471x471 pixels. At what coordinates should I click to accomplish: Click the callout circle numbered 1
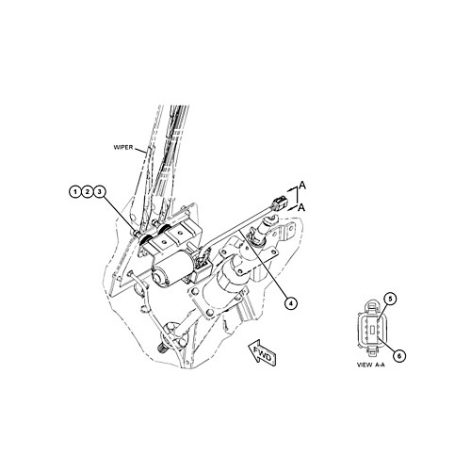[x=75, y=191]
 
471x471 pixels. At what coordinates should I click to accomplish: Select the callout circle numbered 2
[x=88, y=191]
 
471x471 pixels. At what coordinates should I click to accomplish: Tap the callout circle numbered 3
[x=100, y=191]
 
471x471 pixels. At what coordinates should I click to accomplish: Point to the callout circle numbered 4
[x=291, y=303]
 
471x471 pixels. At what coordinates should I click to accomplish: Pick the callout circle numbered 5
[x=390, y=299]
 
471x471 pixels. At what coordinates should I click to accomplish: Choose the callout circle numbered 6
[x=399, y=356]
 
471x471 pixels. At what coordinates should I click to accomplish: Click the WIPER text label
[x=123, y=147]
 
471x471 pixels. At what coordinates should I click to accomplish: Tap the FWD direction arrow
[x=263, y=352]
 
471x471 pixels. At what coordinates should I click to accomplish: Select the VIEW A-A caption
[x=371, y=365]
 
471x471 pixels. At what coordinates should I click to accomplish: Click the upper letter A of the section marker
[x=302, y=186]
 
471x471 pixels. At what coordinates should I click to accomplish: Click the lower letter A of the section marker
[x=301, y=207]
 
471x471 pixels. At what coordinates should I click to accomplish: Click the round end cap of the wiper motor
[x=158, y=276]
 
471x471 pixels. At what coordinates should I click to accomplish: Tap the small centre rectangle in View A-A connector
[x=372, y=330]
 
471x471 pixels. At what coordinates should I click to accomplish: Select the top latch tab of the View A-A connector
[x=372, y=306]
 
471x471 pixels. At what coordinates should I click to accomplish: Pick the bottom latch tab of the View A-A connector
[x=372, y=352]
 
